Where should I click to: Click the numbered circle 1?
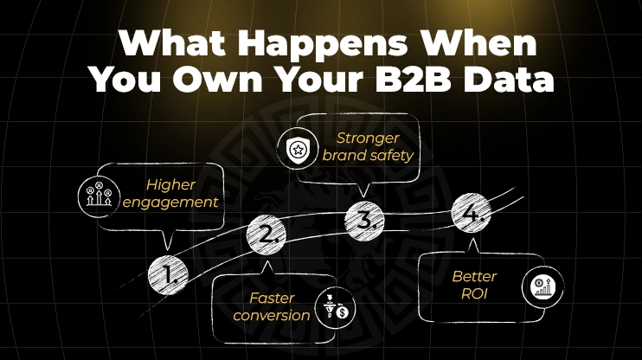(169, 275)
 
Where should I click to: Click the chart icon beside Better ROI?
(541, 286)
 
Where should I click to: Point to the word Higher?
(170, 184)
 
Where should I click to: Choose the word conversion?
(271, 316)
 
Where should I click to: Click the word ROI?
(474, 295)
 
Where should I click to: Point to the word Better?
(474, 277)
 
